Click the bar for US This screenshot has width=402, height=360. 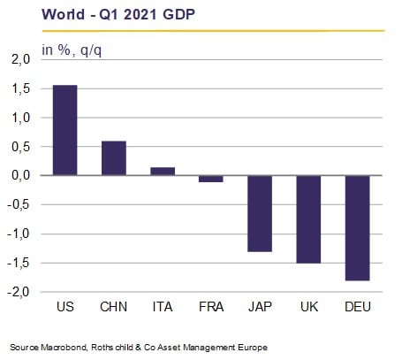(65, 130)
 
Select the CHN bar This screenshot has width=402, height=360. (114, 158)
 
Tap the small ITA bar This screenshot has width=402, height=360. (163, 172)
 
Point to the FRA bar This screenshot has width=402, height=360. (211, 179)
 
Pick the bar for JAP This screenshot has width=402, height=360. (260, 213)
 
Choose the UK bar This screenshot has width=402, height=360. (308, 219)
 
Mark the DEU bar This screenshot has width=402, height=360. (358, 228)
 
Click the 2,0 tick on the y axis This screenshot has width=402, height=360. (21, 59)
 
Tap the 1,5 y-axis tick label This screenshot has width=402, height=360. (21, 88)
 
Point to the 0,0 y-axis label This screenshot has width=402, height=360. (21, 175)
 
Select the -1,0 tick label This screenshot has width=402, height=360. (19, 234)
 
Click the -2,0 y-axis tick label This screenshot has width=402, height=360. (19, 292)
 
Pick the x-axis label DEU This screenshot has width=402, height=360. (358, 307)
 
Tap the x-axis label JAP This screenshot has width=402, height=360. (260, 307)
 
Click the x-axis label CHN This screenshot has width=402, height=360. (114, 307)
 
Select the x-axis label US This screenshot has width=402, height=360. (65, 307)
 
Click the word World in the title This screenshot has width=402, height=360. (64, 14)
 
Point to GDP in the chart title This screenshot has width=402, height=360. (178, 14)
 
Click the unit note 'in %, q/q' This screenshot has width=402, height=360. (72, 50)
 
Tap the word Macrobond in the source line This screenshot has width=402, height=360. (64, 347)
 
